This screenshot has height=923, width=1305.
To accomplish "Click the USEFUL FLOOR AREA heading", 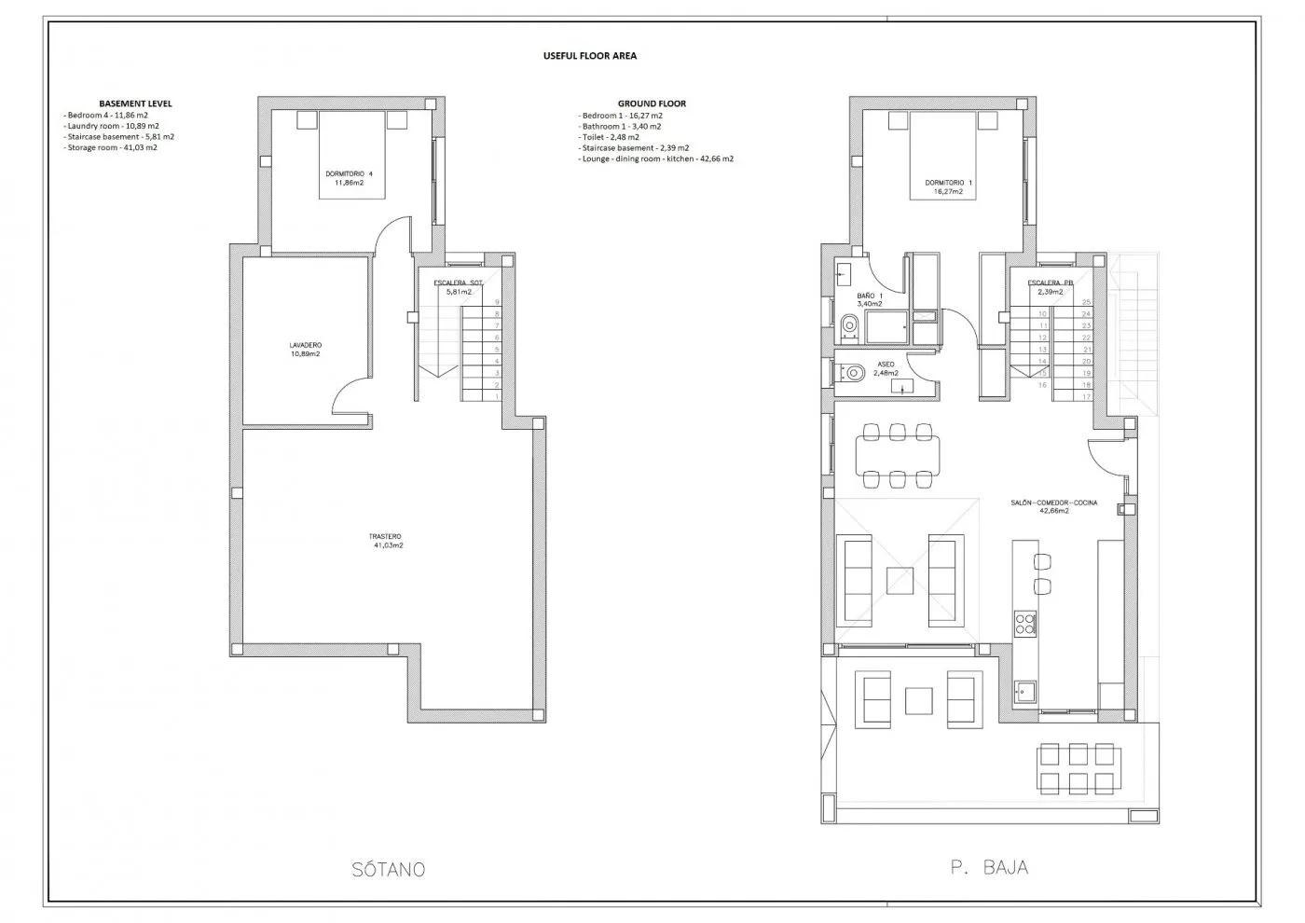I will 589,56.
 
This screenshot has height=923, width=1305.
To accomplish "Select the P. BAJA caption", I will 989,867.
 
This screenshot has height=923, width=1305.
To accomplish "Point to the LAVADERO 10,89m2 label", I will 305,350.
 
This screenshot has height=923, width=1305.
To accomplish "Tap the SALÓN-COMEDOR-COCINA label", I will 1053,506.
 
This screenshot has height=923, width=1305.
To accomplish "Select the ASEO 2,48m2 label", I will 886,368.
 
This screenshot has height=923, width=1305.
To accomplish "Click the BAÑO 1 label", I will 869,299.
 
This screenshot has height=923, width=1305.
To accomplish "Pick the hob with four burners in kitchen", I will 1024,622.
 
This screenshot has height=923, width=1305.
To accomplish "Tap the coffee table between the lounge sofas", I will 900,581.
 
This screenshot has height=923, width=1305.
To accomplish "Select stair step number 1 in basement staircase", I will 497,396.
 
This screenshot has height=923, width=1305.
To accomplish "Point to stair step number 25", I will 1086,302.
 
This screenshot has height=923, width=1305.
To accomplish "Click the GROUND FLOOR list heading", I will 652,103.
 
